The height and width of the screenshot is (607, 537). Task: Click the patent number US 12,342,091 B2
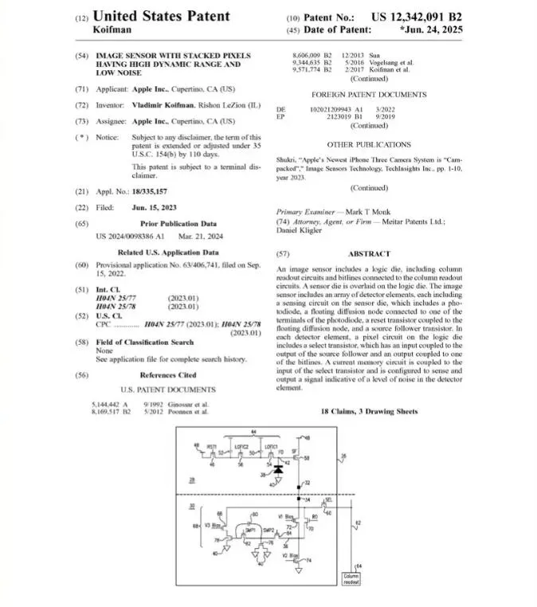416,16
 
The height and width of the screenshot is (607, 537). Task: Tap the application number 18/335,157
149,191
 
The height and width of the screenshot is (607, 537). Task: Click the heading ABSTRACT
369,253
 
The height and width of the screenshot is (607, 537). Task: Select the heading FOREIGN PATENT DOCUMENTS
369,95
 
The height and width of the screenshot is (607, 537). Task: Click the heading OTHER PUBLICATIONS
369,145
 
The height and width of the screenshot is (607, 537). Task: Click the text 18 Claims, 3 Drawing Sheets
369,412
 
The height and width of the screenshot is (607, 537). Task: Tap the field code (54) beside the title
81,56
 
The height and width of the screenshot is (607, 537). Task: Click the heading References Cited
167,374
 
